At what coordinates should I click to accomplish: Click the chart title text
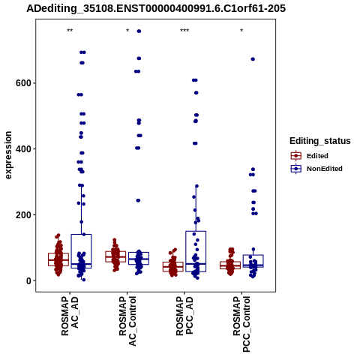[x=156, y=8]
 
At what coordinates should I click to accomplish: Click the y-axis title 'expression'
[x=8, y=155]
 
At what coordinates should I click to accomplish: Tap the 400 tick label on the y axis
[x=24, y=149]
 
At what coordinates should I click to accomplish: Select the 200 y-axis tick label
[x=24, y=215]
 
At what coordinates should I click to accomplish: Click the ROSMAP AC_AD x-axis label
[x=70, y=316]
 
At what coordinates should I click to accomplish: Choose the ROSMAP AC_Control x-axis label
[x=127, y=321]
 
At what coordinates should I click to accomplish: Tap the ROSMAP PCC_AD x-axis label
[x=184, y=316]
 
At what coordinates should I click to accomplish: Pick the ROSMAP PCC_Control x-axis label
[x=241, y=324]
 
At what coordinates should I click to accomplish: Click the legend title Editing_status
[x=320, y=141]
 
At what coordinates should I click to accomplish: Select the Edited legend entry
[x=310, y=156]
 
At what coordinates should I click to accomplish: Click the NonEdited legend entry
[x=316, y=169]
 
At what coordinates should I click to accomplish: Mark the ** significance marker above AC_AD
[x=70, y=31]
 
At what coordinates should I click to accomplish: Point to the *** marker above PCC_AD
[x=184, y=31]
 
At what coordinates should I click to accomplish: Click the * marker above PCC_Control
[x=241, y=31]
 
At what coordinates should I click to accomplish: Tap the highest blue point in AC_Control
[x=139, y=31]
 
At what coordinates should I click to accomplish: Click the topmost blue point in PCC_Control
[x=253, y=59]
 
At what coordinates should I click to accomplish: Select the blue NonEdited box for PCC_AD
[x=196, y=251]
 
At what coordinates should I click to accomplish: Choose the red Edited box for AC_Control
[x=115, y=256]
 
